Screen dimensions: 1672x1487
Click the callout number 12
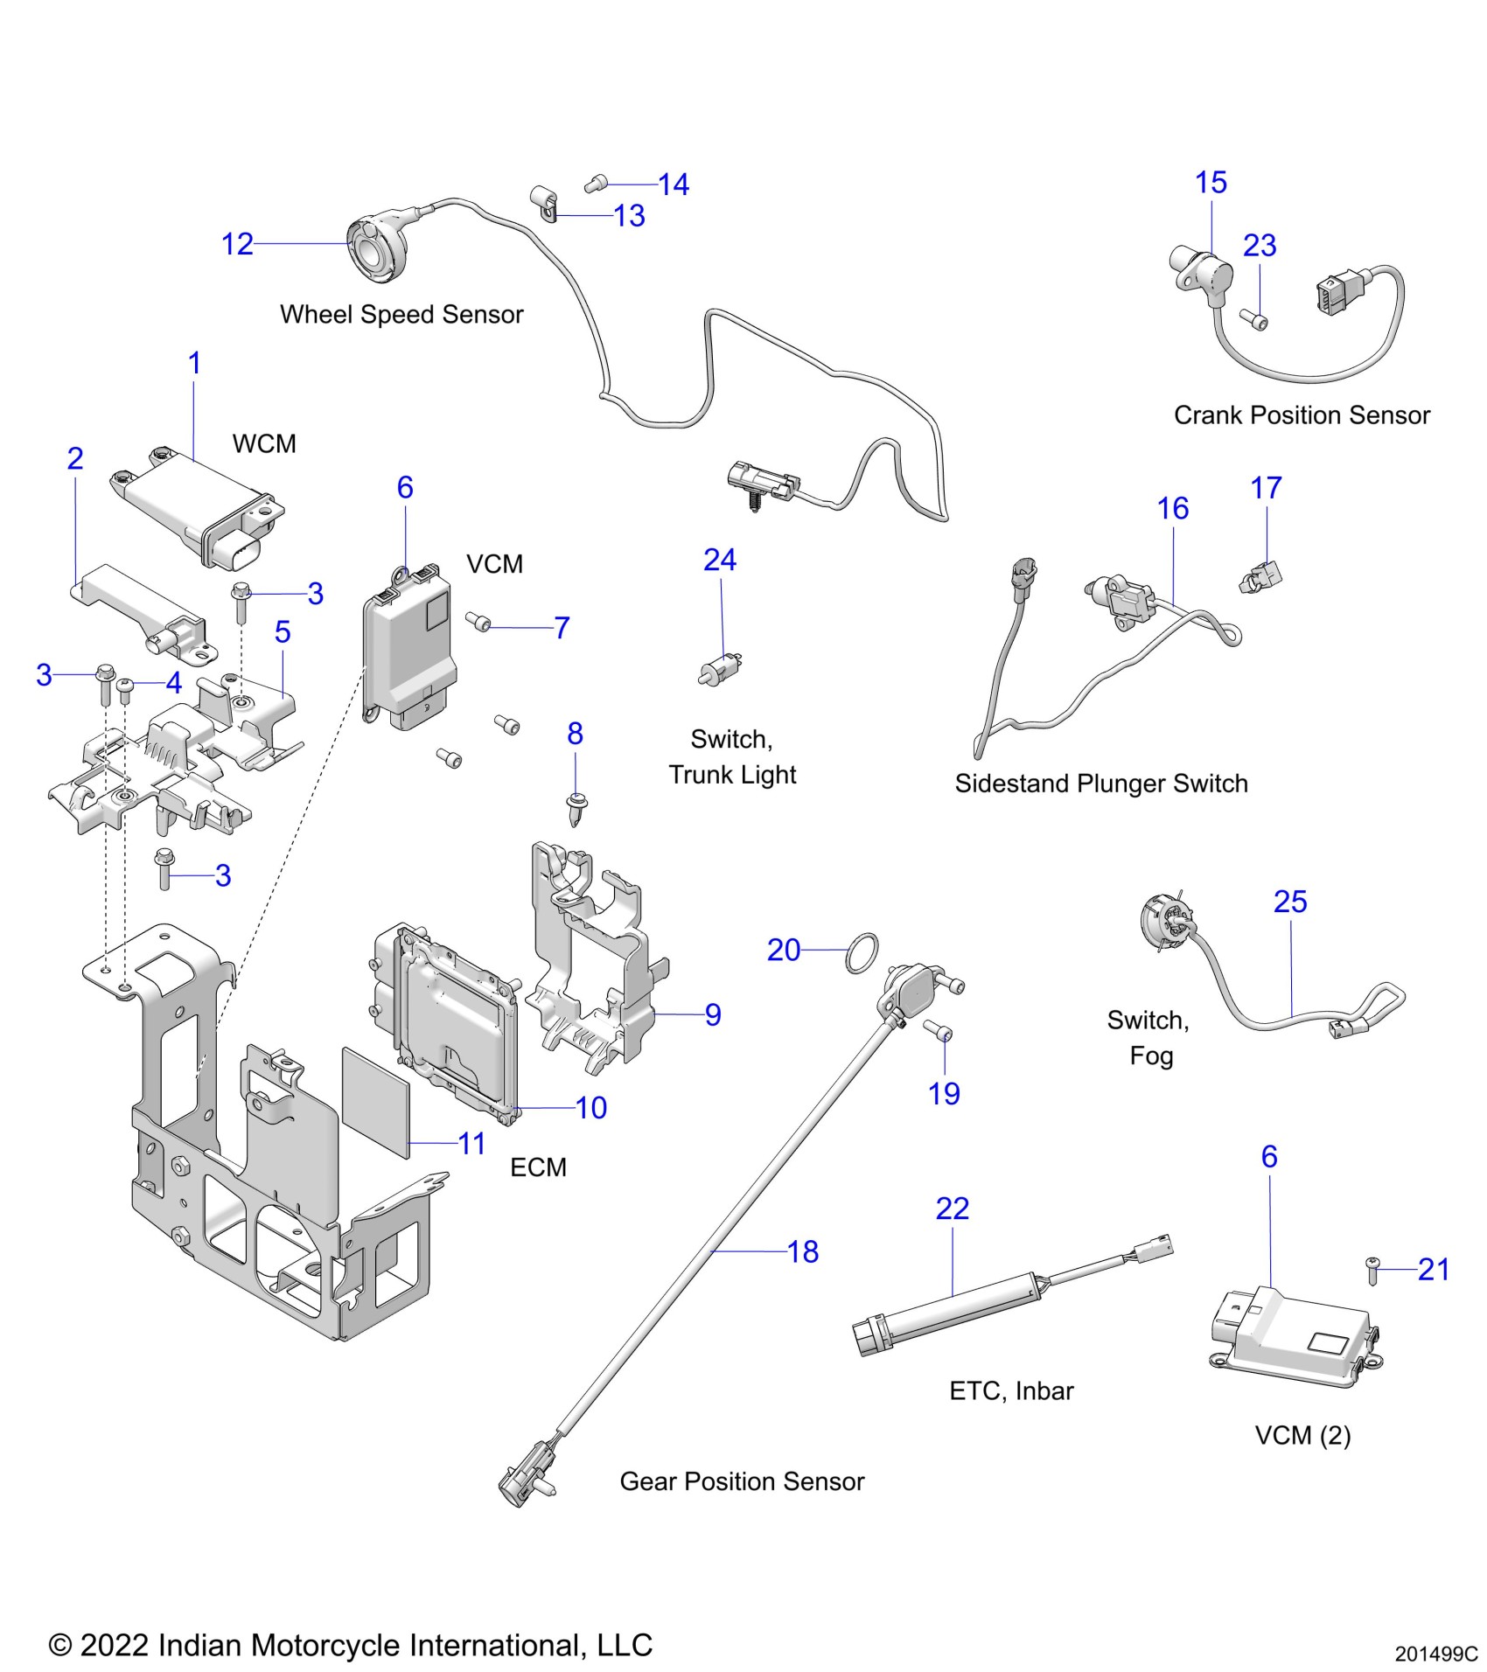(x=237, y=244)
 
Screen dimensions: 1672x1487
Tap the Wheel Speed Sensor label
(x=401, y=314)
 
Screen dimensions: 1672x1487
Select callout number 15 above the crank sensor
(x=1211, y=183)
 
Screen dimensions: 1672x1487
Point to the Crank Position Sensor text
(x=1302, y=415)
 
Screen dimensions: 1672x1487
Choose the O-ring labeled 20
(x=862, y=953)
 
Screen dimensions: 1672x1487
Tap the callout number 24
(x=720, y=560)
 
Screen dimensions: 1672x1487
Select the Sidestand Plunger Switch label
(x=1100, y=783)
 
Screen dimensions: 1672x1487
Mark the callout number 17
(x=1266, y=488)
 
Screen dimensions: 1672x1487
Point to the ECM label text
(x=538, y=1167)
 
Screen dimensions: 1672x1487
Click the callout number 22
(x=952, y=1209)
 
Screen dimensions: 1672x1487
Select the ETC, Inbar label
(x=1011, y=1390)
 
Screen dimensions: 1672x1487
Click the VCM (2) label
(x=1302, y=1435)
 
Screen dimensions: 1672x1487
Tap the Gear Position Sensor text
(x=742, y=1481)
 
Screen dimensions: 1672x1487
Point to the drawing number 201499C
(x=1435, y=1655)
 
